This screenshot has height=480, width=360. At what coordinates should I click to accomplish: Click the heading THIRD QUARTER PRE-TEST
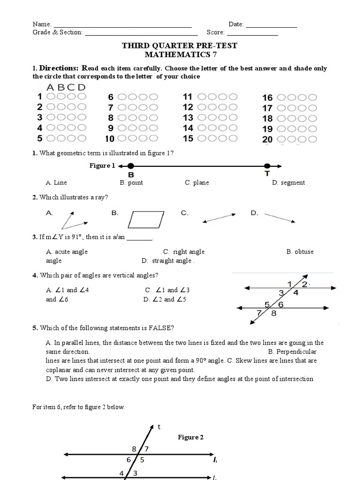tap(180, 45)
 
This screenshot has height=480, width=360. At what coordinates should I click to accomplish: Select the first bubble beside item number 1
tap(50, 97)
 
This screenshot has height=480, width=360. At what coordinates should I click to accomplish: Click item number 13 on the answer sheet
tap(188, 118)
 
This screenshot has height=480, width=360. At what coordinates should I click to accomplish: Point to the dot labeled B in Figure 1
tap(131, 165)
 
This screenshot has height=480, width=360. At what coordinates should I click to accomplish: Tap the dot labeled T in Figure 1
tap(267, 165)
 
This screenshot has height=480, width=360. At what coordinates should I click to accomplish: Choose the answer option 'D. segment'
tap(288, 183)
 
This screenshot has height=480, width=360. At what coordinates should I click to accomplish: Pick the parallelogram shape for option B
tap(147, 219)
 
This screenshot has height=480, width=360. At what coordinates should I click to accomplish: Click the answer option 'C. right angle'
tap(184, 252)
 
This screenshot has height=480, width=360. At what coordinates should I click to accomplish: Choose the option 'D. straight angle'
tap(167, 261)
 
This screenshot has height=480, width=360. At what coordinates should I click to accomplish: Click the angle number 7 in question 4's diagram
tap(258, 313)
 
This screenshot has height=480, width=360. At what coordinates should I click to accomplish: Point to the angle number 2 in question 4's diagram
tap(304, 284)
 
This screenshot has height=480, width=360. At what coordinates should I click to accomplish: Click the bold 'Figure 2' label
tap(190, 437)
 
